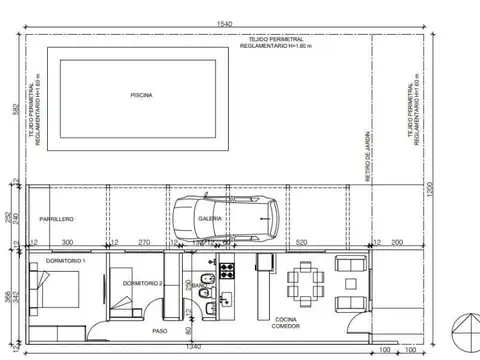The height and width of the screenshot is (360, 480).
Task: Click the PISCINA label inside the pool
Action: tap(141, 96)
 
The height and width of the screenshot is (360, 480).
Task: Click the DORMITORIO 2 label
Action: tap(142, 283)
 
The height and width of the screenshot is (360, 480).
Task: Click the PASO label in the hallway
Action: tap(160, 330)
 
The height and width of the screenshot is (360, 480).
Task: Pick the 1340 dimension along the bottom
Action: tap(194, 346)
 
